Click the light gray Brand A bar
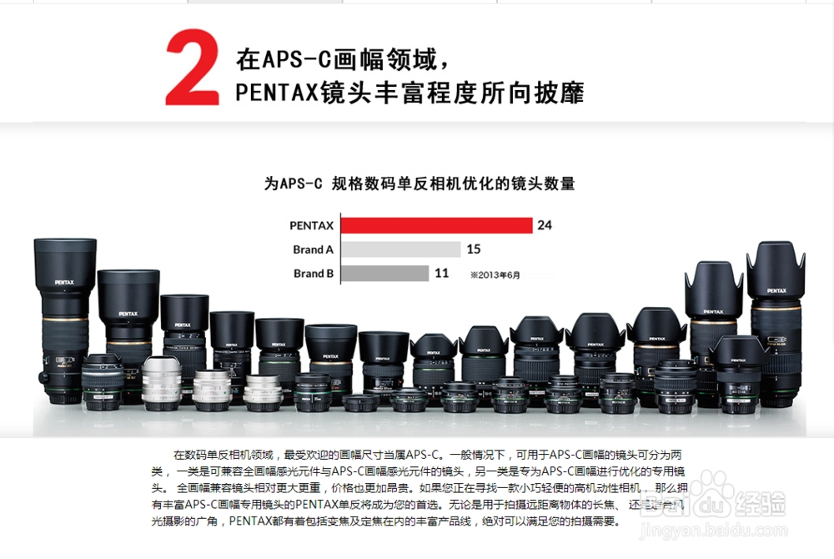pos(401,249)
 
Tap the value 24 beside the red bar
pos(545,225)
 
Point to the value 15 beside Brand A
pos(474,249)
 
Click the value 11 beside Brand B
pos(442,273)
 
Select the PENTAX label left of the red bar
pos(311,225)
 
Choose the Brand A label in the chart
pos(313,249)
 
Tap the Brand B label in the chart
pos(313,273)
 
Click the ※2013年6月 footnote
pos(495,274)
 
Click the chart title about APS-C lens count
pos(419,184)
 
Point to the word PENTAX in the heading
pos(276,92)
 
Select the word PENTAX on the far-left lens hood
pos(65,283)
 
